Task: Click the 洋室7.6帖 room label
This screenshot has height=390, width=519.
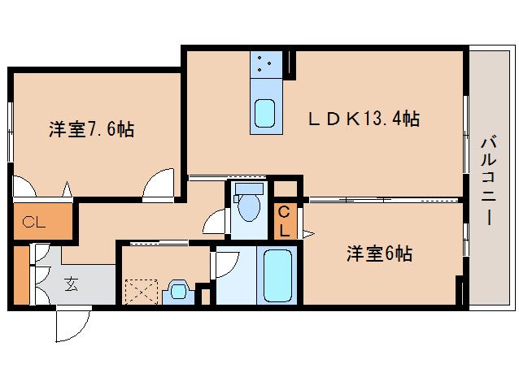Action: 91,128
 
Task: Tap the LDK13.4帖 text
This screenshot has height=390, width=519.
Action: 363,119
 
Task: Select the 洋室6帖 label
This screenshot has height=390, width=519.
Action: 378,254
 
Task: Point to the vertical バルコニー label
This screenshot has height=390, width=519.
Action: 487,180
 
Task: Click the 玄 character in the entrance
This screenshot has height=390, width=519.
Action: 71,284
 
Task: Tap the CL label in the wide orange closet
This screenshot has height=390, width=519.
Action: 33,221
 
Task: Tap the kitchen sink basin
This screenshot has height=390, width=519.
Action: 266,113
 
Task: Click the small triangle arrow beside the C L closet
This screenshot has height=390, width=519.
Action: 307,234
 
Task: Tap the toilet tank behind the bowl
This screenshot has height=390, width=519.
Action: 247,192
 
